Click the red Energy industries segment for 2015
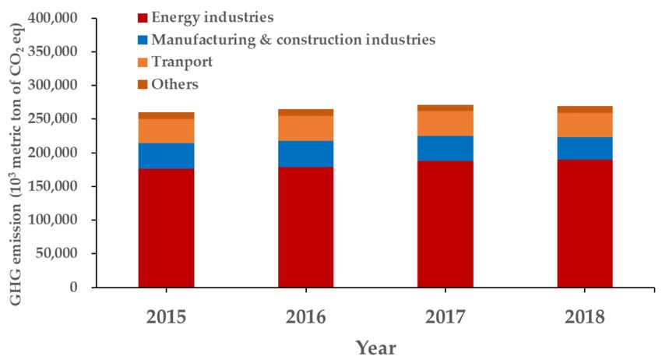[167, 228]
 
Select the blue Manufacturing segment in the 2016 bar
[306, 154]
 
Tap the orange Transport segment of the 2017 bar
[445, 123]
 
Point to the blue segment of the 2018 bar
[584, 148]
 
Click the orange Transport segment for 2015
[167, 131]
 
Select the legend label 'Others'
[175, 84]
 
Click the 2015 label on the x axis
[167, 316]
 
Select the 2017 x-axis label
[445, 316]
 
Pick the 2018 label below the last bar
[584, 316]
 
